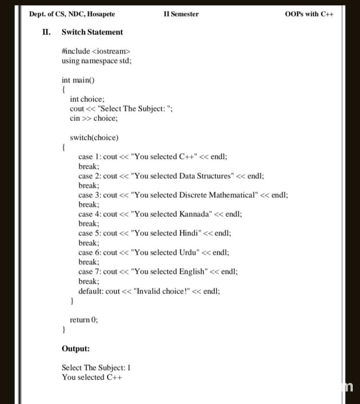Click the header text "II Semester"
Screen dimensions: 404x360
click(x=181, y=14)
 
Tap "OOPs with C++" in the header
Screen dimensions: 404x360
click(x=309, y=14)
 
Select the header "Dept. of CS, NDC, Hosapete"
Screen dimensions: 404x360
click(x=72, y=14)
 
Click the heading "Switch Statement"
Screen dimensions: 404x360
click(x=92, y=32)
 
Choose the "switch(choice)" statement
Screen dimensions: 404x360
click(x=94, y=138)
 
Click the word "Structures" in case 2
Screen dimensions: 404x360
click(x=213, y=176)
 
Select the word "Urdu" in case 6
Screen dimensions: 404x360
click(x=189, y=252)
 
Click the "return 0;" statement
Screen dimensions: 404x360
click(x=84, y=320)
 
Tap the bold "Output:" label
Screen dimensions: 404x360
click(x=75, y=349)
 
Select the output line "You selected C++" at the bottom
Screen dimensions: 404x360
click(x=92, y=377)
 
